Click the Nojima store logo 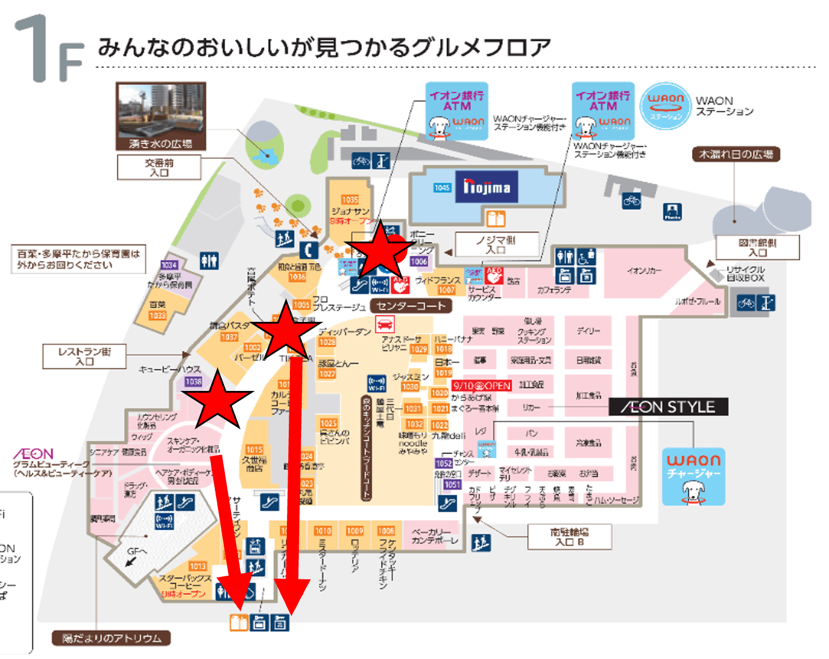click(487, 187)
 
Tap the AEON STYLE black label click(668, 407)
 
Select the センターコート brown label click(411, 306)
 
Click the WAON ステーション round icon click(665, 106)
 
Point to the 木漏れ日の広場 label click(736, 155)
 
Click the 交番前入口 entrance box click(159, 168)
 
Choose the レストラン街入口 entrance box click(84, 357)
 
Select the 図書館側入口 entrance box click(758, 247)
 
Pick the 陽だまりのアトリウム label click(112, 638)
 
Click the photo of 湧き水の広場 click(161, 116)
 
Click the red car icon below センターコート click(384, 324)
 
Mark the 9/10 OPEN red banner click(481, 386)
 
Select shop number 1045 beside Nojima click(442, 188)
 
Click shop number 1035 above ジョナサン click(350, 200)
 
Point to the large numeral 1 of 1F click(32, 47)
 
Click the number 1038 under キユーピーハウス click(193, 381)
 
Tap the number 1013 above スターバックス click(198, 566)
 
